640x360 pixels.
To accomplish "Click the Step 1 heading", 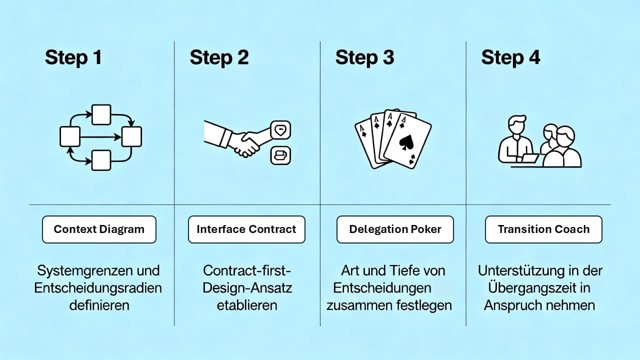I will [x=73, y=57].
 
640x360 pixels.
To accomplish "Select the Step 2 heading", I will [x=219, y=57].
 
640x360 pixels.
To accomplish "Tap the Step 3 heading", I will [x=364, y=57].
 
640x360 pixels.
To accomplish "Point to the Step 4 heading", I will [x=510, y=57].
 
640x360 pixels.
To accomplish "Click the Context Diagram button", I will [x=99, y=229].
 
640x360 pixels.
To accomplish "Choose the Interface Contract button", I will [x=246, y=229].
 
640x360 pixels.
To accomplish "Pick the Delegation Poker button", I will [x=395, y=229].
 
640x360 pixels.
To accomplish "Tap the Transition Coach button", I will [x=543, y=229].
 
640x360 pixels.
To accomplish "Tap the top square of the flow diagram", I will [x=101, y=114].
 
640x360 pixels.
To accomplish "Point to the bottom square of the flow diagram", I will [x=101, y=159].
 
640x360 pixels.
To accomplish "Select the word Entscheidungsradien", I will [x=98, y=288].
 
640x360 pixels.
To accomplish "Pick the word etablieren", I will [x=247, y=305].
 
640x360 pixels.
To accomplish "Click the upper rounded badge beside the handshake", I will [x=280, y=130].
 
